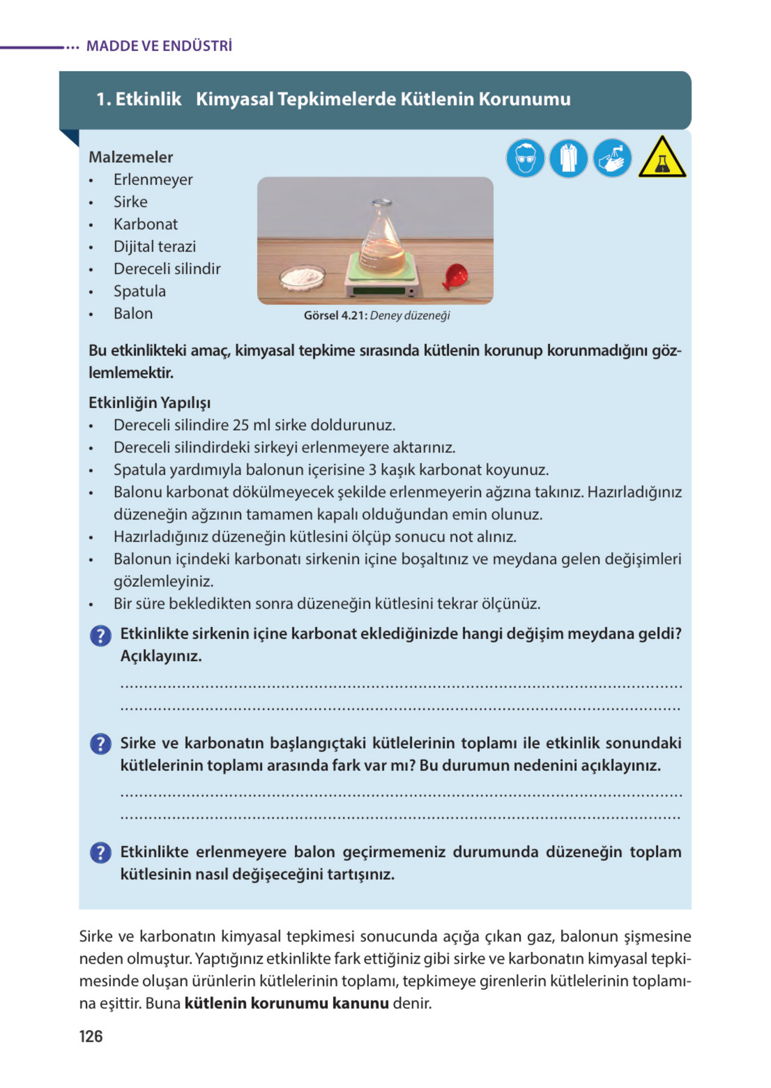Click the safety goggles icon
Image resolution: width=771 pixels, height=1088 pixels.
525,158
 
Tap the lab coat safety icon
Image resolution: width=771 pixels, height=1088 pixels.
568,158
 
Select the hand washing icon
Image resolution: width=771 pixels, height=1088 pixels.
612,158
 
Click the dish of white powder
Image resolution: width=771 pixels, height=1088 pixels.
303,276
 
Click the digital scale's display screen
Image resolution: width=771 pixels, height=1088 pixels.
378,291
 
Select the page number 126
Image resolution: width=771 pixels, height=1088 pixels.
91,1036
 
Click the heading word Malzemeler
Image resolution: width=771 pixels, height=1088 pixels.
131,157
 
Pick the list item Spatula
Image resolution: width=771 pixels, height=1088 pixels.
139,291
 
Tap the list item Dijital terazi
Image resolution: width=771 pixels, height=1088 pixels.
154,246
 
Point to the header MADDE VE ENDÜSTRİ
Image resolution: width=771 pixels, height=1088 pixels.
159,46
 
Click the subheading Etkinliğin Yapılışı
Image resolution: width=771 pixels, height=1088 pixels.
150,403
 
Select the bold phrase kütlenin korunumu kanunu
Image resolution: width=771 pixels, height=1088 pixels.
286,1003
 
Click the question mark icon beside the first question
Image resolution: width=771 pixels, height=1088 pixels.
101,636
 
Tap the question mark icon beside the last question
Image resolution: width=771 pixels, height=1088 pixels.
101,852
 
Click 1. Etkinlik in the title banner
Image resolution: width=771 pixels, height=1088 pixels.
138,99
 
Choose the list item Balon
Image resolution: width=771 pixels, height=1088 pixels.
133,313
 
